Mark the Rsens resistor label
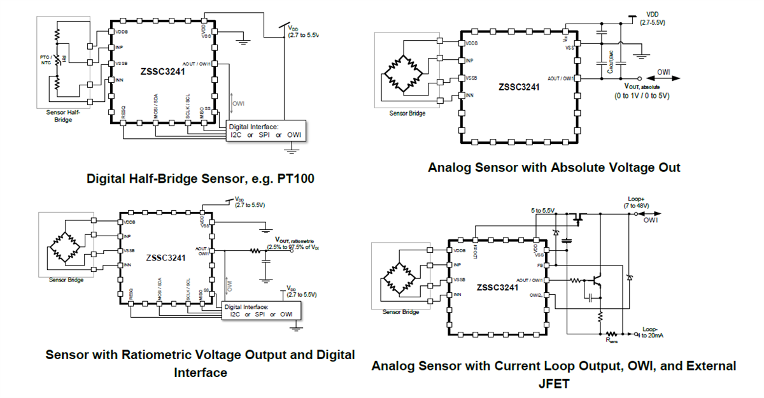pos(612,341)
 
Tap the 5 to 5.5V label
pos(542,211)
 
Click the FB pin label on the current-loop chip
pos(539,264)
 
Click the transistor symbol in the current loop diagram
pos(598,280)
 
